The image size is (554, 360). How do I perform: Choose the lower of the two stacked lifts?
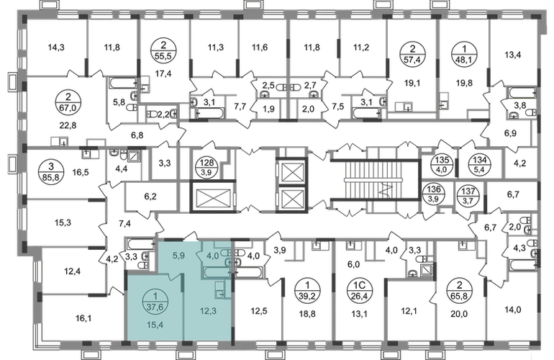coord(291,197)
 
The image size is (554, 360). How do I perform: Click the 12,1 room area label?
coord(408,311)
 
